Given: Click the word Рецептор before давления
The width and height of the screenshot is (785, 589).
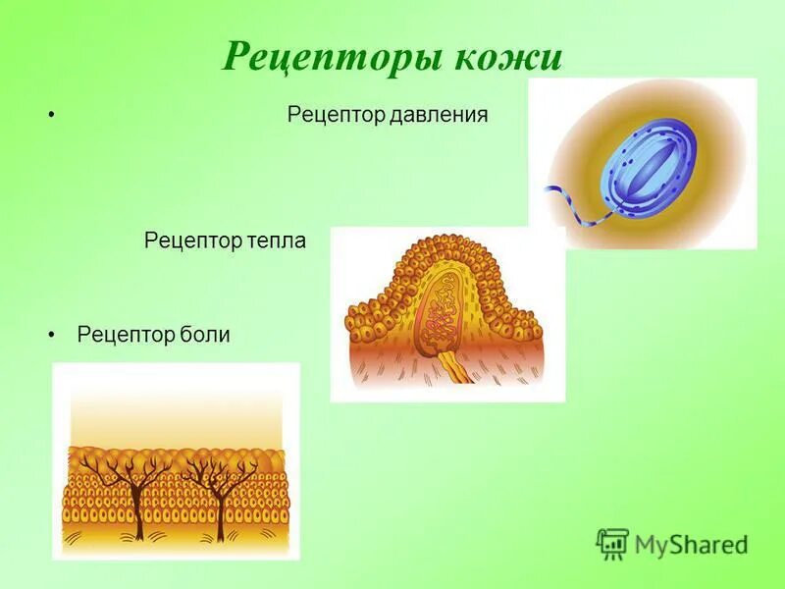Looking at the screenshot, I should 335,115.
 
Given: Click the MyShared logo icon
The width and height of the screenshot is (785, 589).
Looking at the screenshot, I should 612,543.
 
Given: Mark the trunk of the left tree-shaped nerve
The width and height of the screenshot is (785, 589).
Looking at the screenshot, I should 137,515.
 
